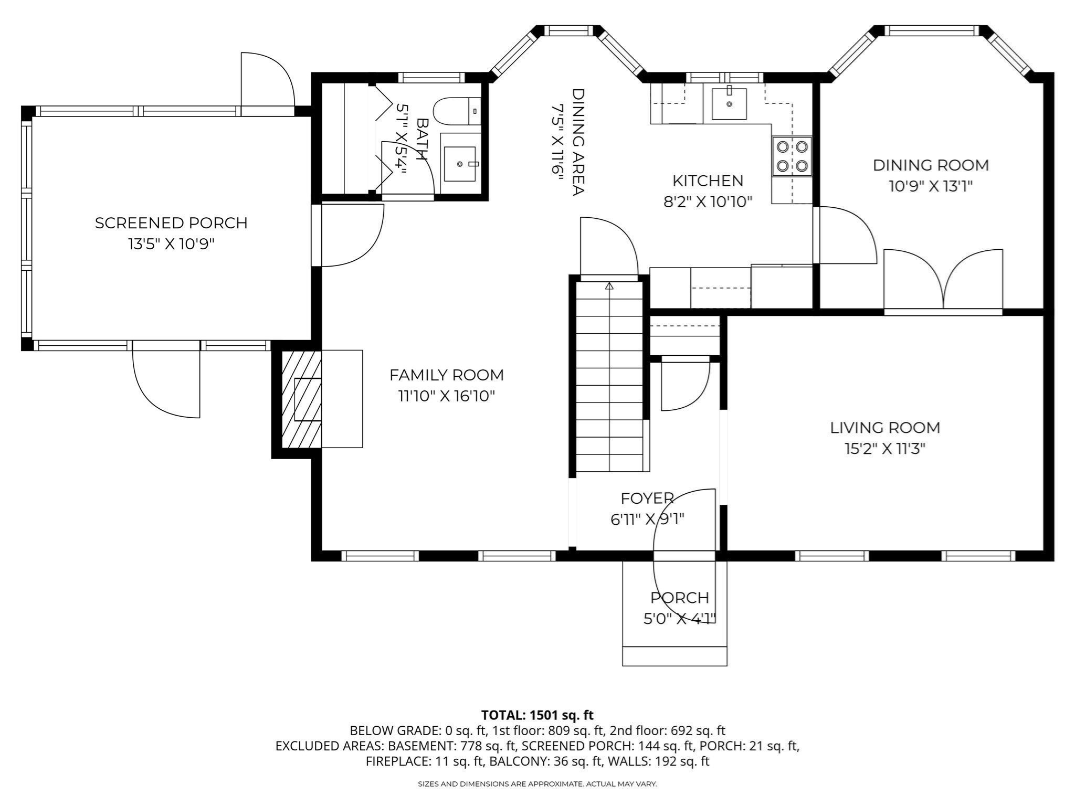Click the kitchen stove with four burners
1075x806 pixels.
(x=792, y=156)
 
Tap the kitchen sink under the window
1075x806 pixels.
(x=729, y=104)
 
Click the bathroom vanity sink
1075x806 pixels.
(x=460, y=164)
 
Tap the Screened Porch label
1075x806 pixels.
(x=171, y=223)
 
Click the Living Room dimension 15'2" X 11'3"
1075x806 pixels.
(x=884, y=449)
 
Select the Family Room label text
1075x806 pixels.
(x=446, y=375)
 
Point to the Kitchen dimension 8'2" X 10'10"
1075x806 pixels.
(x=708, y=201)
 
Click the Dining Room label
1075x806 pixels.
(x=930, y=165)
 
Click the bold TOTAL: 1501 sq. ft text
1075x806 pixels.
(x=537, y=715)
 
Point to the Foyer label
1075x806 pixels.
(x=647, y=499)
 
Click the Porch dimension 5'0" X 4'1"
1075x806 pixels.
(x=680, y=619)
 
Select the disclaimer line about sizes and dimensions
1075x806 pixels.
(x=537, y=784)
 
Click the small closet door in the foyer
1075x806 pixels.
(x=685, y=383)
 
